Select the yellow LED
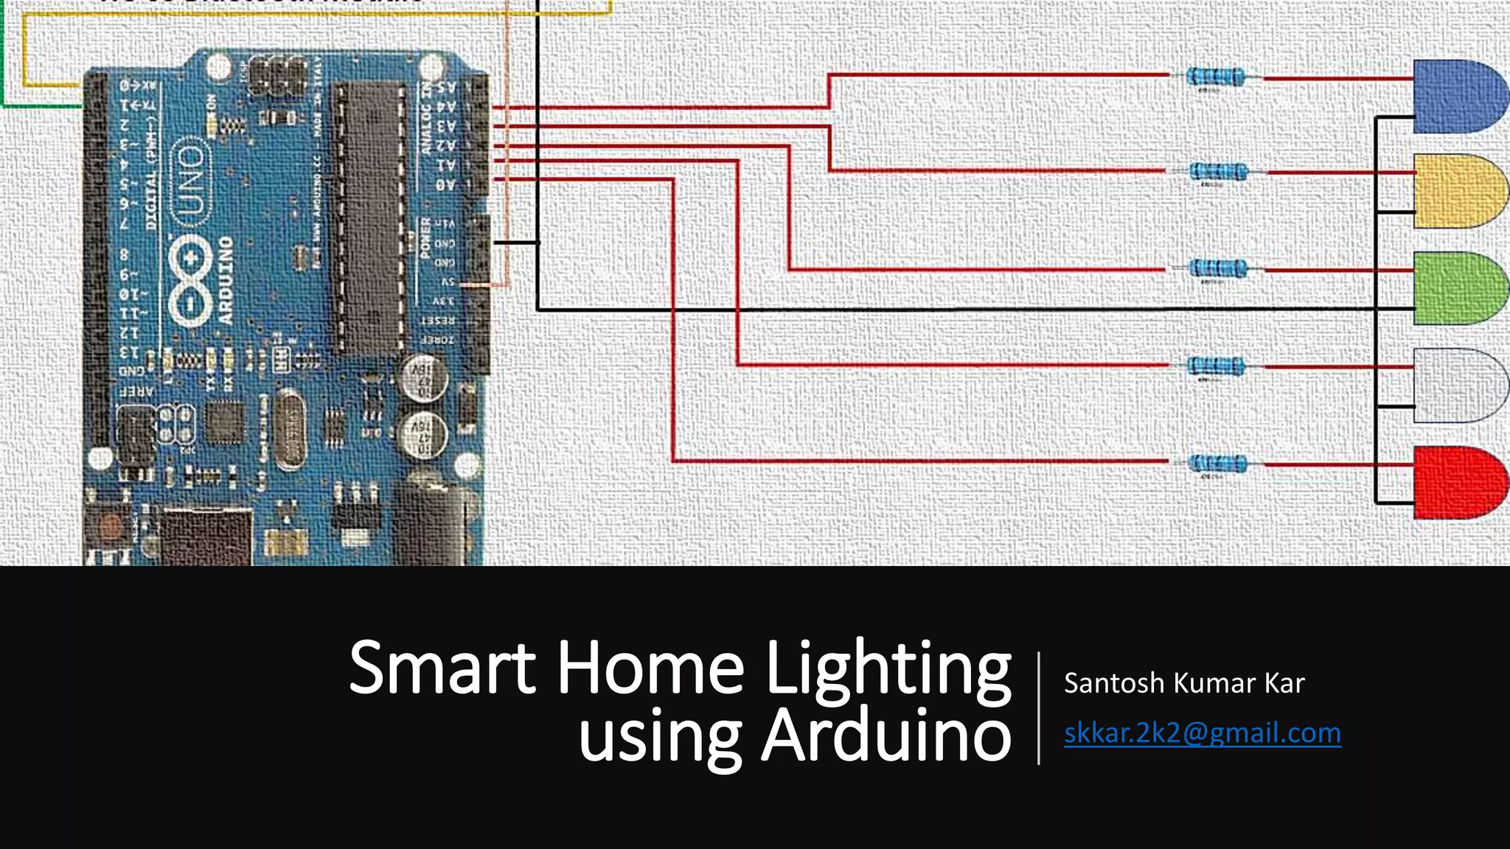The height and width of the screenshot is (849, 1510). coord(1458,192)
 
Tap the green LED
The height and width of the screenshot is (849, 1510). coord(1458,288)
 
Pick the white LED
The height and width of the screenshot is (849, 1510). coord(1457,385)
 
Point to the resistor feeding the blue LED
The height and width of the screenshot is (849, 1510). coord(1216,76)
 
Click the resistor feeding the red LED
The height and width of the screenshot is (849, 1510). coord(1217,463)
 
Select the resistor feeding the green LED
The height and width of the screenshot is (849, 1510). coord(1218,268)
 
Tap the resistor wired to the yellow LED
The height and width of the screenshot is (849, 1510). coord(1218,172)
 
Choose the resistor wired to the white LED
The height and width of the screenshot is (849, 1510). coord(1217,366)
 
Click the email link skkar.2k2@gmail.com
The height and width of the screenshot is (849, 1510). coord(1202,733)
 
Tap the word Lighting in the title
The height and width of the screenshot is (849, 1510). coord(888,669)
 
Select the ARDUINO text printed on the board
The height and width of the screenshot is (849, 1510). coord(224,280)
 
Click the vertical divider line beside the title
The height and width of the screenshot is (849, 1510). coord(1039,707)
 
